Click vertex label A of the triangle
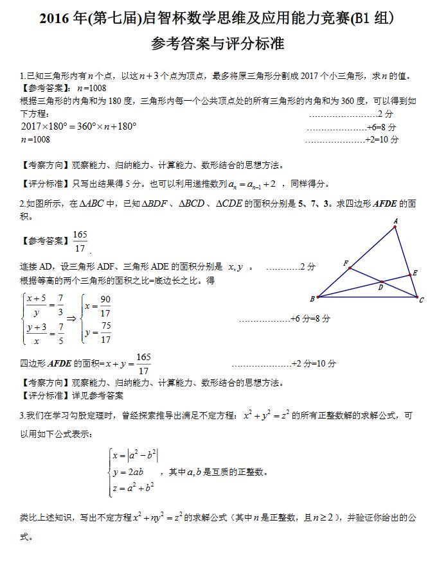395,221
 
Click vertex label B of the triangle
312,298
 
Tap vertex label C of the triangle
422,299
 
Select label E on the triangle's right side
415,273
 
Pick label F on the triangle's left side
346,263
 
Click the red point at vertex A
395,227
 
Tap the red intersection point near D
381,281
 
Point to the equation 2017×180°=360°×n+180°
78,126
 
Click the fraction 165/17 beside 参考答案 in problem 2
80,241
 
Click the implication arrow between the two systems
72,318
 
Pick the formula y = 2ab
129,472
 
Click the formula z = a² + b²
132,489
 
